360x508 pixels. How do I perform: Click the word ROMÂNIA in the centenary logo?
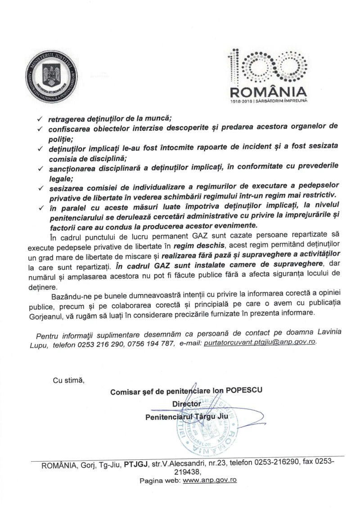pyautogui.click(x=268, y=93)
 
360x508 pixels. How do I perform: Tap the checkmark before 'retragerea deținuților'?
pyautogui.click(x=40, y=119)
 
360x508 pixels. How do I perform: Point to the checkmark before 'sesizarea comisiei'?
pyautogui.click(x=40, y=186)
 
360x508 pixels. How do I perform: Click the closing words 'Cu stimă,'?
pyautogui.click(x=68, y=381)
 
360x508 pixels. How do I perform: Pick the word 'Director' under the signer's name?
pyautogui.click(x=186, y=404)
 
